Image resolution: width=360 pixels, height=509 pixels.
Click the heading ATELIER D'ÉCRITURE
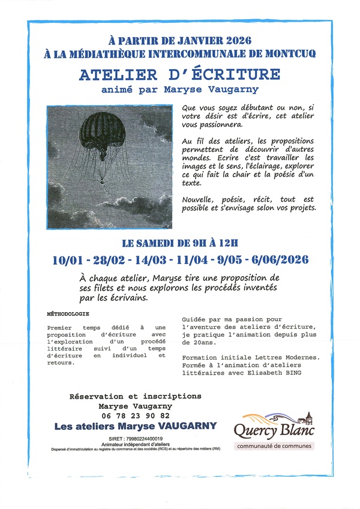pos(180,75)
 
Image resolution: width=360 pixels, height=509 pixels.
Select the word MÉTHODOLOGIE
pos(68,313)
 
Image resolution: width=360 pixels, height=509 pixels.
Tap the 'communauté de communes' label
pos(274,446)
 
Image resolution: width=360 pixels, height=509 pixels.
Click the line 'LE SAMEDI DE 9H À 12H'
pos(180,243)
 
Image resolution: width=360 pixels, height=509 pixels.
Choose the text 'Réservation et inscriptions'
pos(135,397)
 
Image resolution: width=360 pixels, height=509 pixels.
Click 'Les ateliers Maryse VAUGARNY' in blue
pos(135,427)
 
